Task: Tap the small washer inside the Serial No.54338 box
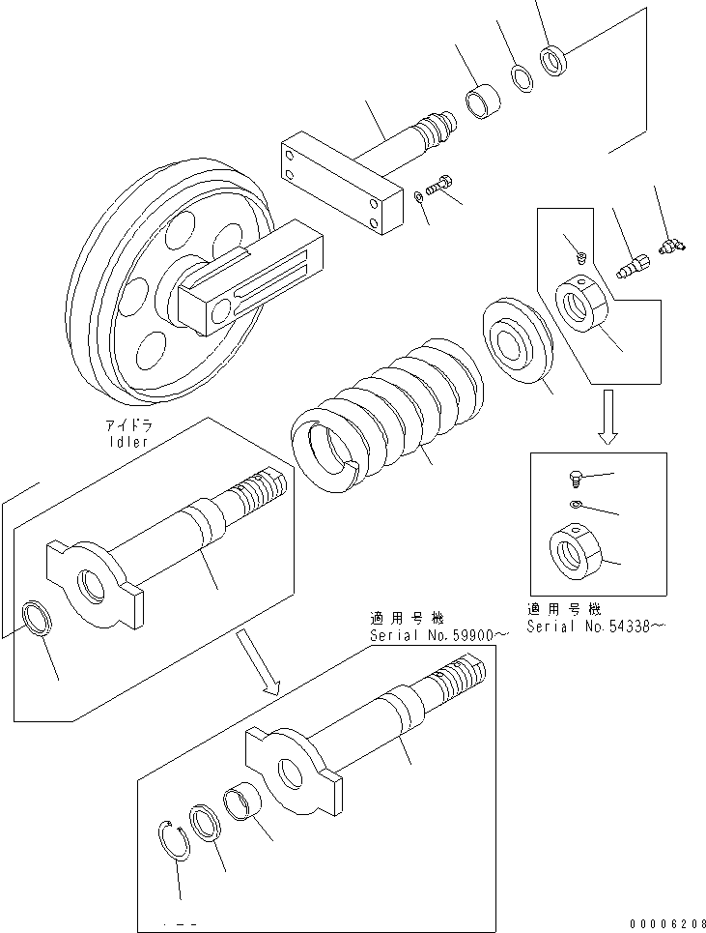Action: click(577, 506)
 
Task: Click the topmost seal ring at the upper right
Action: click(555, 62)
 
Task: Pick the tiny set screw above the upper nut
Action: click(580, 257)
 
